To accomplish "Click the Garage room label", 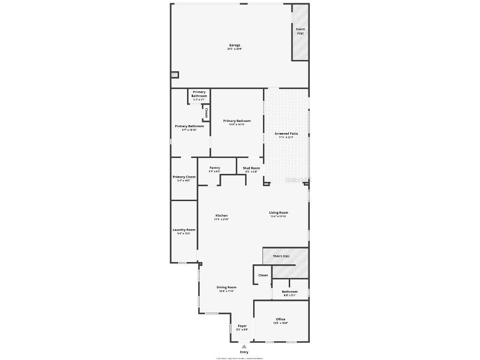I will click(x=234, y=45).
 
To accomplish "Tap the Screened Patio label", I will click(x=286, y=134).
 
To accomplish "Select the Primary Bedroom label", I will click(x=237, y=121).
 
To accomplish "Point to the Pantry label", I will click(x=215, y=168).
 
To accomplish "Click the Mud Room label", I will click(x=251, y=168).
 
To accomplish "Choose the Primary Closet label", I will click(x=184, y=177).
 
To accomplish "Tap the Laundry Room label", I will click(x=184, y=230).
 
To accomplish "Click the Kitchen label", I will click(x=221, y=216).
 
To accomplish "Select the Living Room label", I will click(x=278, y=213).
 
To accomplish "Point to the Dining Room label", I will click(x=226, y=287).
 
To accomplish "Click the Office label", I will click(x=280, y=320).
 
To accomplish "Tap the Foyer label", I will click(x=242, y=326).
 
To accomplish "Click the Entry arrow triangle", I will click(x=244, y=346).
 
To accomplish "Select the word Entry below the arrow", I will click(x=244, y=352).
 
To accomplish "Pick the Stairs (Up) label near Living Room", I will click(x=281, y=256).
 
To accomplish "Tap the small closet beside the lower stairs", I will click(x=263, y=275).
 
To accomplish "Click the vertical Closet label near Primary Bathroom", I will click(x=206, y=113).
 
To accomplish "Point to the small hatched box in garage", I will click(x=174, y=74).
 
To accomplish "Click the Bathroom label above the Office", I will click(x=289, y=292).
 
